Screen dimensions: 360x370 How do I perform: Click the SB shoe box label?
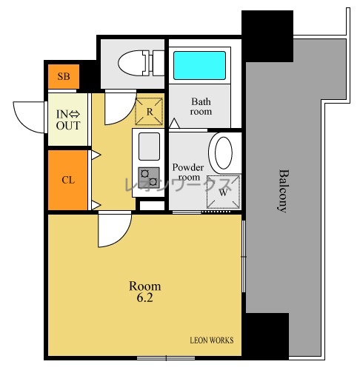tap(64, 76)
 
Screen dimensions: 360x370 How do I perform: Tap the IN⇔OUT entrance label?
tap(68, 120)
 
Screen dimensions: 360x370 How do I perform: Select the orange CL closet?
tap(67, 180)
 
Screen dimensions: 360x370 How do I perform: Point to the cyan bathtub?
tap(199, 65)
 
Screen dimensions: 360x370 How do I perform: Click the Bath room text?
tap(201, 107)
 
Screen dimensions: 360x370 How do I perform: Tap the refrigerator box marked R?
tap(149, 112)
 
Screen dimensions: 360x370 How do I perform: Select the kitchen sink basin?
tap(149, 147)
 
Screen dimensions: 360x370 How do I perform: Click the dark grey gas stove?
tap(149, 178)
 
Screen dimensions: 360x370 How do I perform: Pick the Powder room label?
tap(188, 172)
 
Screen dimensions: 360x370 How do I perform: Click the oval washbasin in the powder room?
tap(224, 152)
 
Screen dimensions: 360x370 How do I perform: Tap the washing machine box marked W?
tap(223, 192)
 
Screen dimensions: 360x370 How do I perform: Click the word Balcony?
tap(283, 191)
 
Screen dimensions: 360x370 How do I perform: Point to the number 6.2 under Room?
tap(144, 297)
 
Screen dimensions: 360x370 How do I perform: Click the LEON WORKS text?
tap(212, 340)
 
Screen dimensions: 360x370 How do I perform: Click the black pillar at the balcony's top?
tap(267, 36)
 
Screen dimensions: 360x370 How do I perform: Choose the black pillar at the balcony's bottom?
tap(267, 336)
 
